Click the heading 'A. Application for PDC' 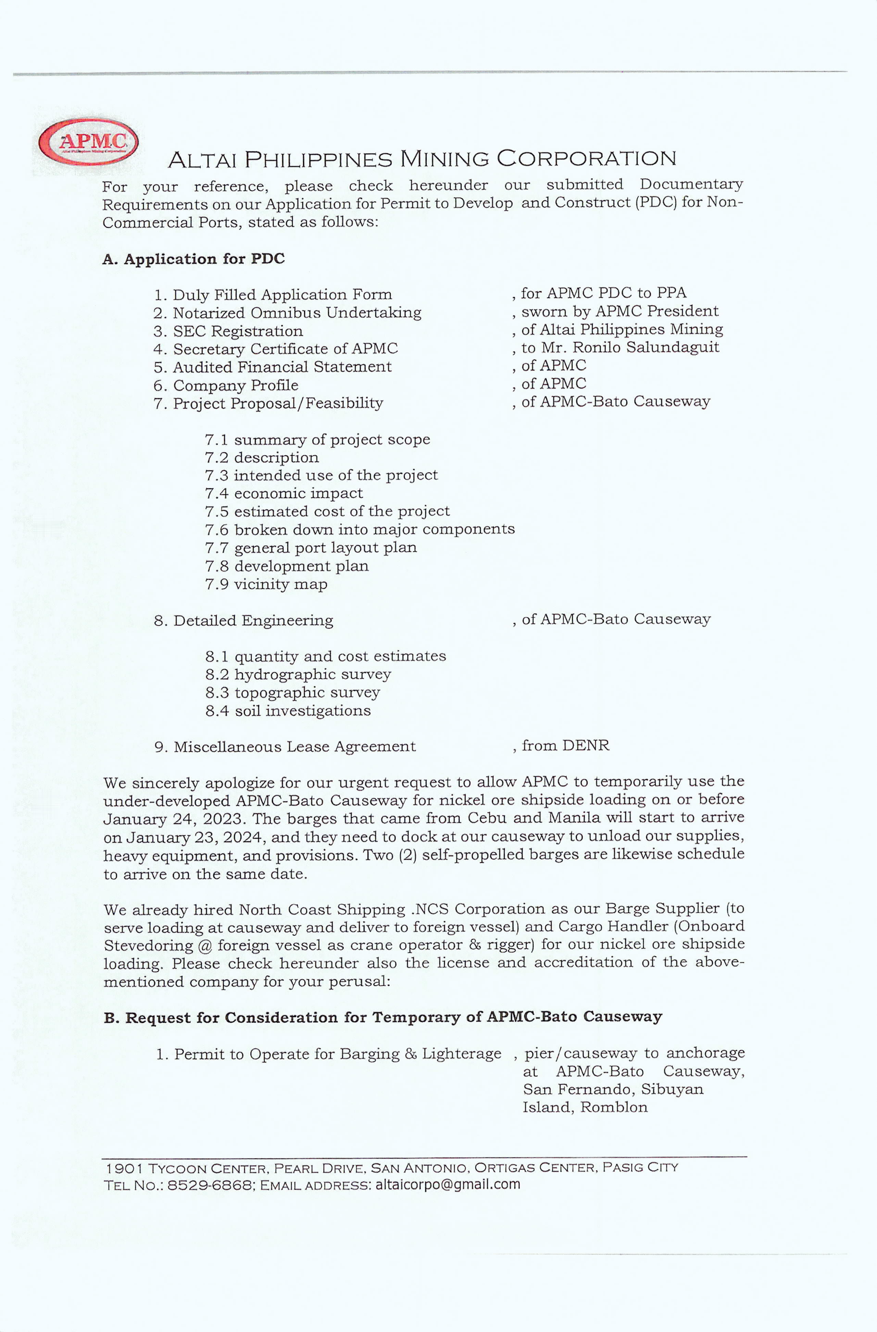click(x=193, y=259)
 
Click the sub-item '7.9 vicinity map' click(x=266, y=584)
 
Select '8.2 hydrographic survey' click(x=298, y=675)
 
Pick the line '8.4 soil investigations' click(x=288, y=711)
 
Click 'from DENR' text click(x=565, y=745)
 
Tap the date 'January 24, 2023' click(x=172, y=819)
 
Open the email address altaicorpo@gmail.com click(x=448, y=1184)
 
